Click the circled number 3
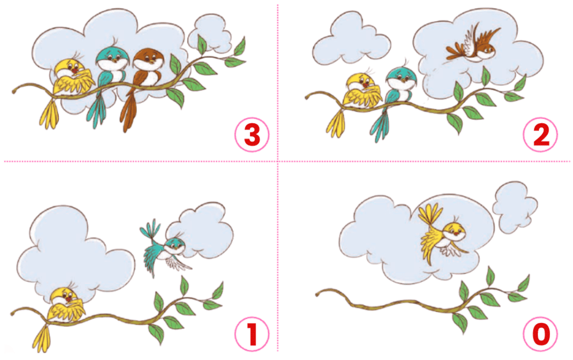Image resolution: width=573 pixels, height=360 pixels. tap(252, 134)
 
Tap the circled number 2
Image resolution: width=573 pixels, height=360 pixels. tap(541, 134)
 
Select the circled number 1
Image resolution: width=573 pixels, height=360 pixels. tap(252, 334)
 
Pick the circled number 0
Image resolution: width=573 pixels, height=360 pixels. tap(541, 334)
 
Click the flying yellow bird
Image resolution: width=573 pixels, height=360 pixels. tap(442, 234)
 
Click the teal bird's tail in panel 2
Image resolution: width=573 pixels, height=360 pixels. tap(380, 124)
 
